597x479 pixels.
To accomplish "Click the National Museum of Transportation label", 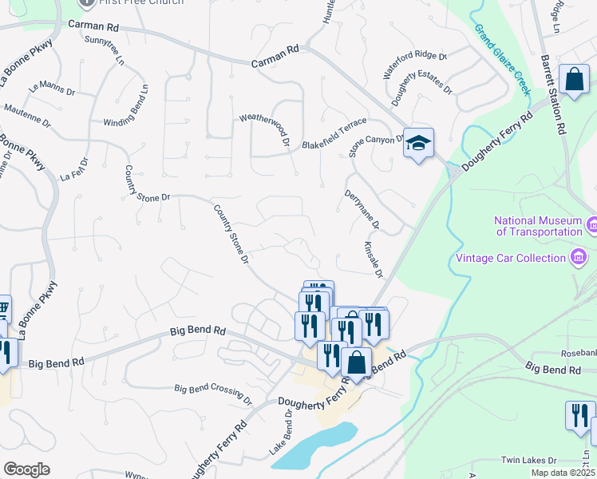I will coord(538,226).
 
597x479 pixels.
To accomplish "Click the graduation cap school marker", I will coord(418,144).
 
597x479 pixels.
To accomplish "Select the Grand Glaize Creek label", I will coord(503,59).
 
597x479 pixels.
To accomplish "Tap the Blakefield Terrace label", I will coord(334,133).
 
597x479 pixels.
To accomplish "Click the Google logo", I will coord(27,469).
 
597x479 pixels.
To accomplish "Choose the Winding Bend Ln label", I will coord(126,105).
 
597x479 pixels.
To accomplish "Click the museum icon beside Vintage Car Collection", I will coord(577,257).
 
